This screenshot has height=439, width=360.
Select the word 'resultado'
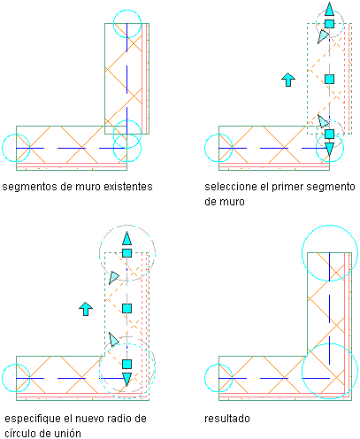click(227, 419)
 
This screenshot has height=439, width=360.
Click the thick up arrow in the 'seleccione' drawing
click(288, 80)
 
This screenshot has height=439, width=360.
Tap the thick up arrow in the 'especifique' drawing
click(86, 309)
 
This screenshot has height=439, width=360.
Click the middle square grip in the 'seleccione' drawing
click(329, 79)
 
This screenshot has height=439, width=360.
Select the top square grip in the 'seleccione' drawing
click(329, 24)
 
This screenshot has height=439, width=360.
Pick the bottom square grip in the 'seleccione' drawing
click(329, 134)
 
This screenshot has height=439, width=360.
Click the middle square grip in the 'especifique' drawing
click(126, 309)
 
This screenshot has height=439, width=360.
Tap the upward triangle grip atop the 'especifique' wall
click(126, 238)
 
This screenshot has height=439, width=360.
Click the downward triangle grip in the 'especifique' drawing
click(126, 380)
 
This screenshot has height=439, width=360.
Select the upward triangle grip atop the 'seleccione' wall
click(329, 9)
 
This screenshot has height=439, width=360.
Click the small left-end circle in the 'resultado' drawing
click(204, 378)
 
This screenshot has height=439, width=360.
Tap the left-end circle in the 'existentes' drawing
click(2, 148)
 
